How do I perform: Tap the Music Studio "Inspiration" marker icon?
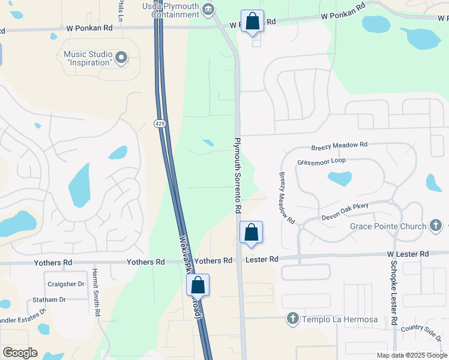click(x=122, y=58)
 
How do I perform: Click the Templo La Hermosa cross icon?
click(x=293, y=319)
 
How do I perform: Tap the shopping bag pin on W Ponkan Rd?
click(x=253, y=22)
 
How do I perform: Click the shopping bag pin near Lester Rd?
click(x=251, y=232)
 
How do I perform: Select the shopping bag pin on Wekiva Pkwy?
click(x=198, y=285)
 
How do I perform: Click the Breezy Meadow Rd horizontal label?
click(x=339, y=146)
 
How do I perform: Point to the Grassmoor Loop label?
click(x=321, y=161)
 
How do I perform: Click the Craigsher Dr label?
click(x=65, y=284)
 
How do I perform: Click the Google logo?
click(x=19, y=353)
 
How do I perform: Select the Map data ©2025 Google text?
click(x=412, y=355)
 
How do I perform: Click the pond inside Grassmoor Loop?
click(x=340, y=178)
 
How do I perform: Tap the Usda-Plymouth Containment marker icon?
click(x=208, y=8)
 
